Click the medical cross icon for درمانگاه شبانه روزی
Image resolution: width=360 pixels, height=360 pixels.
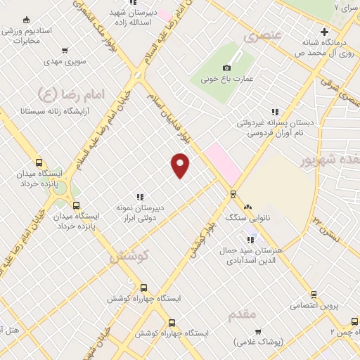pos(324,31)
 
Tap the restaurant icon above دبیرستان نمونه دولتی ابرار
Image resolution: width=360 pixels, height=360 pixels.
pos(140,197)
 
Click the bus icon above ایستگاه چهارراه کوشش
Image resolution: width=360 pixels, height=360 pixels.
pos(144,288)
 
